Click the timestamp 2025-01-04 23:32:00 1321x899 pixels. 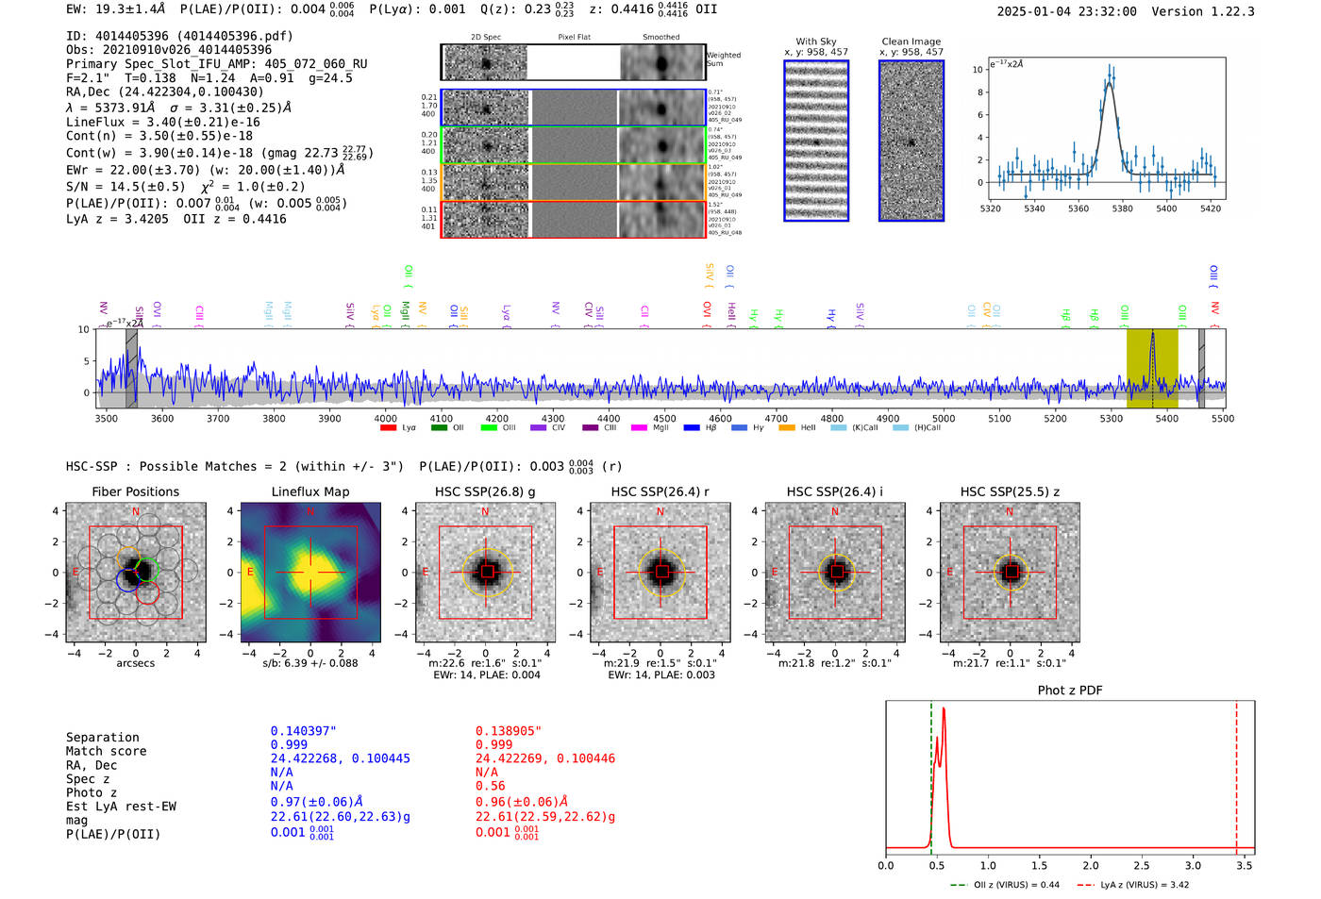coord(1066,11)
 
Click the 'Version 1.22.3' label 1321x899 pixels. coord(1203,11)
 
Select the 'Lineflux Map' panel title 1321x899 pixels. coord(310,491)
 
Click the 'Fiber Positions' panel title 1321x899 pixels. coord(135,491)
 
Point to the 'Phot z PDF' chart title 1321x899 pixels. coord(1070,691)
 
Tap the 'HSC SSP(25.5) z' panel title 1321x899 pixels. coord(1010,491)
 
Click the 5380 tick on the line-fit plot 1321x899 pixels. coord(1122,208)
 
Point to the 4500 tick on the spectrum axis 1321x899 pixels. coord(664,419)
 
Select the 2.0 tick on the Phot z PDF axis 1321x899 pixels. coord(1091,865)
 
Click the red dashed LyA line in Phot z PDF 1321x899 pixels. coord(1236,774)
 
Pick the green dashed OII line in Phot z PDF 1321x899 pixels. coord(931,774)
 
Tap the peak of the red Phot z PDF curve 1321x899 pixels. coord(944,709)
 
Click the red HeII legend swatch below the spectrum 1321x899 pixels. coord(787,428)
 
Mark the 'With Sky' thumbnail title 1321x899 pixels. coord(816,42)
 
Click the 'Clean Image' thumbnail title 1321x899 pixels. coord(911,42)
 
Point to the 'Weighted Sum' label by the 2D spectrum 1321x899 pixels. coord(724,59)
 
